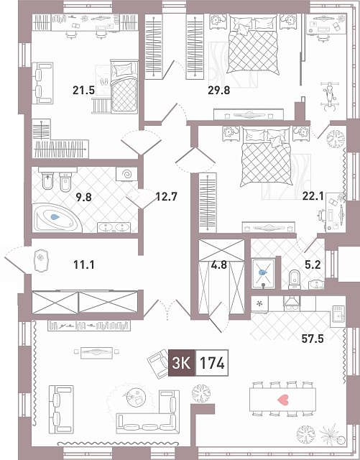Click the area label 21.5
[x=83, y=91]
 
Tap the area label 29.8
[x=219, y=91]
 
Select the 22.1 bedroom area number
[x=313, y=196]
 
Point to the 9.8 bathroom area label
[x=83, y=197]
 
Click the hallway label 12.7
[x=167, y=196]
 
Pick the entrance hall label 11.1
[x=83, y=265]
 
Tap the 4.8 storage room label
[x=219, y=265]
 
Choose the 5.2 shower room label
[x=313, y=265]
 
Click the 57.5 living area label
[x=313, y=339]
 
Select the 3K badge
[x=182, y=363]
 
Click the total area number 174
[x=212, y=363]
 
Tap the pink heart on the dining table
[x=283, y=400]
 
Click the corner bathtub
[x=56, y=218]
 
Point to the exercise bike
[x=328, y=97]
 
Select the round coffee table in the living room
[x=137, y=397]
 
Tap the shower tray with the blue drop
[x=263, y=273]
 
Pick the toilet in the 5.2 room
[x=295, y=279]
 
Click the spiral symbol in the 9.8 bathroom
[x=126, y=175]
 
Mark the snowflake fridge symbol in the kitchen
[x=259, y=303]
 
